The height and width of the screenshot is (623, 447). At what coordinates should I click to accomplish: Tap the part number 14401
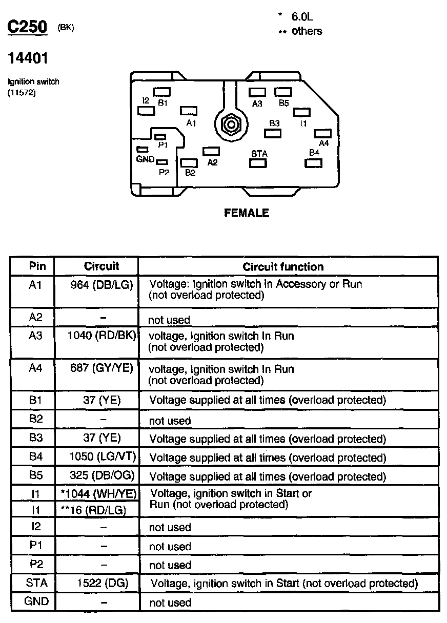pos(28,58)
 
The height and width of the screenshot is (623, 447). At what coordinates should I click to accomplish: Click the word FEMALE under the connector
pos(247,213)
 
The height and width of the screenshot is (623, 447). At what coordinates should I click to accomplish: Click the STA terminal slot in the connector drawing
pos(258,163)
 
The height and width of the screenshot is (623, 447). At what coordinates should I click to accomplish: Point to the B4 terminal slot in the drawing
pos(313,163)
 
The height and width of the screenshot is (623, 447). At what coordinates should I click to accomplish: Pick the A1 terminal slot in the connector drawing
pos(189,111)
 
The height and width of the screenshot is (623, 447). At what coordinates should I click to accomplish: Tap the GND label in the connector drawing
pos(146,159)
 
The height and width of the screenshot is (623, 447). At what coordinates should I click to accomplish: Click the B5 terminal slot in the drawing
pos(283,92)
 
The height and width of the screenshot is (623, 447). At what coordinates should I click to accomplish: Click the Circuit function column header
pos(283,266)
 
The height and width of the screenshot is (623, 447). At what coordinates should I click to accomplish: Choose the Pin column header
pos(37,266)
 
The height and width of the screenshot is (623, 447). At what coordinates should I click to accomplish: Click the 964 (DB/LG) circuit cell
pos(101,284)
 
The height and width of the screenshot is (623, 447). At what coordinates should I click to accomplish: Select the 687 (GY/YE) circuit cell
pos(101,369)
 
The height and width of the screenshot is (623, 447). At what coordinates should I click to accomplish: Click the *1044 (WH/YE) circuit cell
pos(97,494)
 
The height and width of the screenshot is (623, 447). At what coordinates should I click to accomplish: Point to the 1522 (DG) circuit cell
pos(101,583)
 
